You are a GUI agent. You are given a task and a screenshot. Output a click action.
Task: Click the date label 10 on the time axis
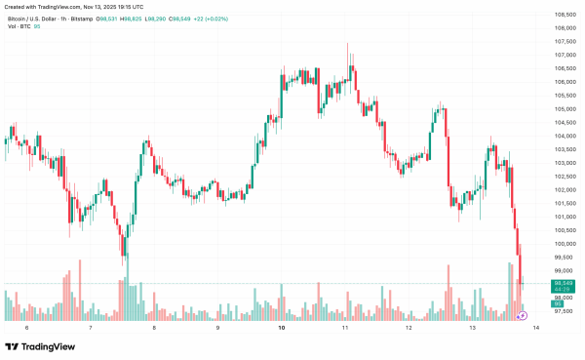(281, 329)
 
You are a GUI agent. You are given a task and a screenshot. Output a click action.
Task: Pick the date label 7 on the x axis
(90, 329)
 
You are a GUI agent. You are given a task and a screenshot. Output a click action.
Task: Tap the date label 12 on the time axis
(409, 329)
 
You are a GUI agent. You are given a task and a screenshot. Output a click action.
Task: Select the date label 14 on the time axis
(536, 329)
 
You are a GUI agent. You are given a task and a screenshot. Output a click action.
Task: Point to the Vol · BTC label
(19, 27)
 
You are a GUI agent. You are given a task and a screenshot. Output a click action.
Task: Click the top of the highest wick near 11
(347, 43)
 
